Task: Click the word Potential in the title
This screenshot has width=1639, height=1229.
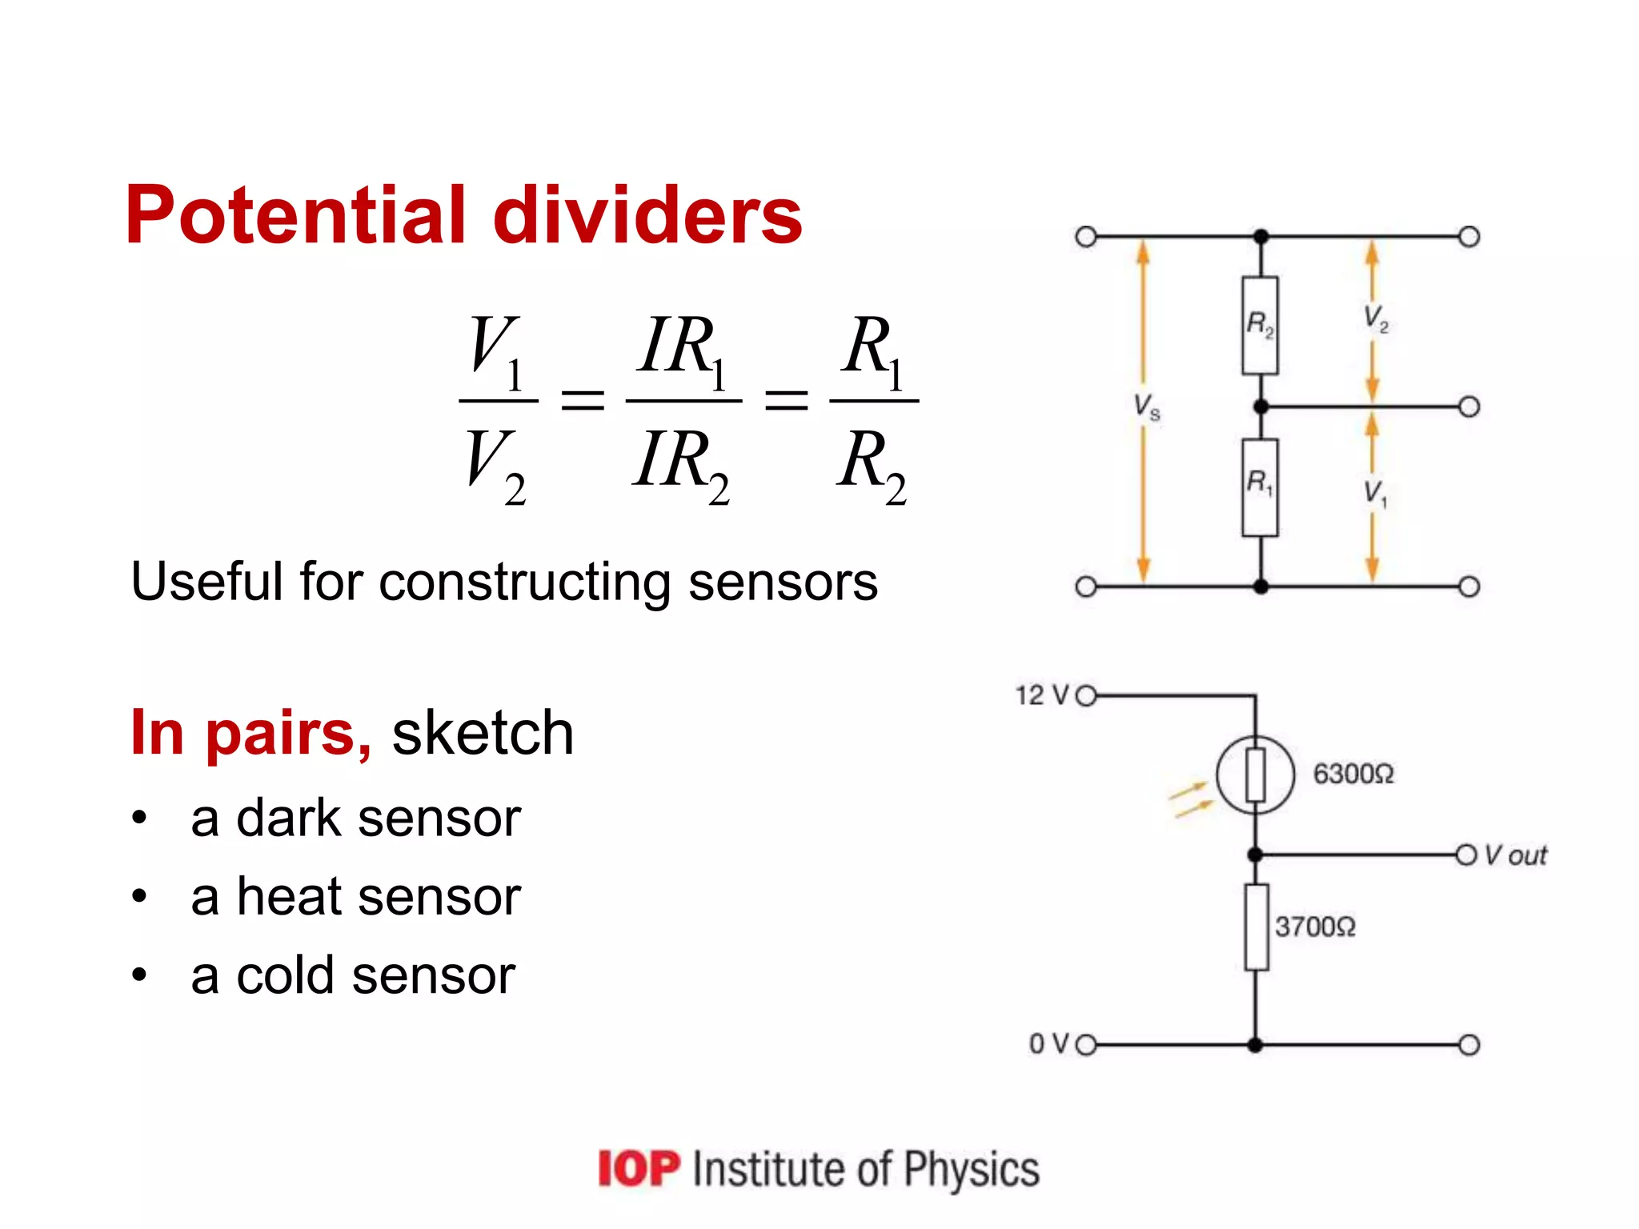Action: point(296,216)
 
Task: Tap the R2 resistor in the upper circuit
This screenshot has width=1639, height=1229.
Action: point(1260,325)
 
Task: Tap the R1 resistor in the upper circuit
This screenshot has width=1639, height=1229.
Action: point(1260,486)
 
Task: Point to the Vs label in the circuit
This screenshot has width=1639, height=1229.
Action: point(1146,406)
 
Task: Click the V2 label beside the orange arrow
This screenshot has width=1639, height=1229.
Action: point(1375,318)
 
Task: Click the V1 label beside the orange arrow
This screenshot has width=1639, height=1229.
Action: point(1375,493)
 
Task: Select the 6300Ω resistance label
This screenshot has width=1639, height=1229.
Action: point(1353,774)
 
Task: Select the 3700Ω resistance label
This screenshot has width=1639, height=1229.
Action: point(1315,927)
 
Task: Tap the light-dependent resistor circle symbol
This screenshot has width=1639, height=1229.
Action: point(1255,775)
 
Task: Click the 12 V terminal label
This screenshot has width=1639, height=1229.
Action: point(1042,695)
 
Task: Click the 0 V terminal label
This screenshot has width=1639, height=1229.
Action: point(1048,1044)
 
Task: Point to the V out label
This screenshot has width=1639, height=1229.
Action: point(1516,855)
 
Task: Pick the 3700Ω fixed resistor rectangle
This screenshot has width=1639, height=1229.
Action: point(1256,927)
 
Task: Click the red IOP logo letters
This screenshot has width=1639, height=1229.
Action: point(639,1169)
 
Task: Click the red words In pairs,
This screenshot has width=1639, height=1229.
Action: point(250,732)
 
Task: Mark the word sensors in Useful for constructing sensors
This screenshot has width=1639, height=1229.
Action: point(783,582)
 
